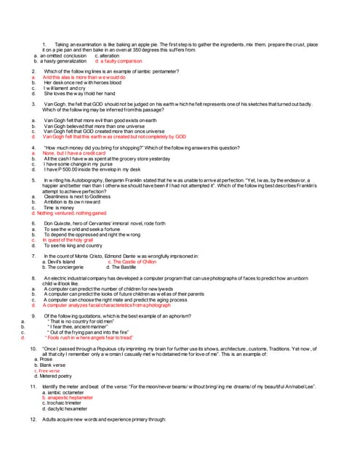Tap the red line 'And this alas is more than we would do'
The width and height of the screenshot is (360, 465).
84,77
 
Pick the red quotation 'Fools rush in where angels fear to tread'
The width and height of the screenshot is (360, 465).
89,338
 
